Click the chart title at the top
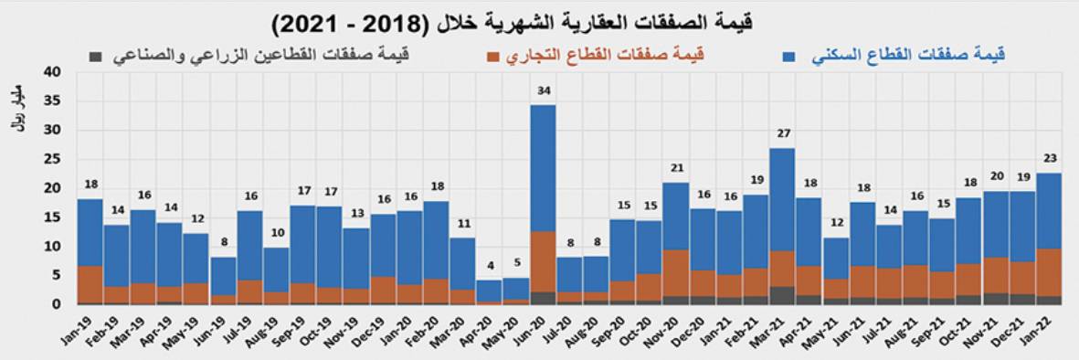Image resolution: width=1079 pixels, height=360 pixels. [539, 20]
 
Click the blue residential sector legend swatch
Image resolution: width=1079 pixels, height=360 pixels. [789, 56]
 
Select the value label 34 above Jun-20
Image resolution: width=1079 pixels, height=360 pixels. [544, 90]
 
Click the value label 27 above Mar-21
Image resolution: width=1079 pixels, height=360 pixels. [782, 133]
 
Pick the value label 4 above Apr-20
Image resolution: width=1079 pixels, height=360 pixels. [490, 266]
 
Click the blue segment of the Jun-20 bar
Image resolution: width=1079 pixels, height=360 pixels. [544, 168]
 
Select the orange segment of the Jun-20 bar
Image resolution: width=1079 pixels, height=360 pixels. [544, 261]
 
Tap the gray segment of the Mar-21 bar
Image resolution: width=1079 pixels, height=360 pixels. [782, 295]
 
